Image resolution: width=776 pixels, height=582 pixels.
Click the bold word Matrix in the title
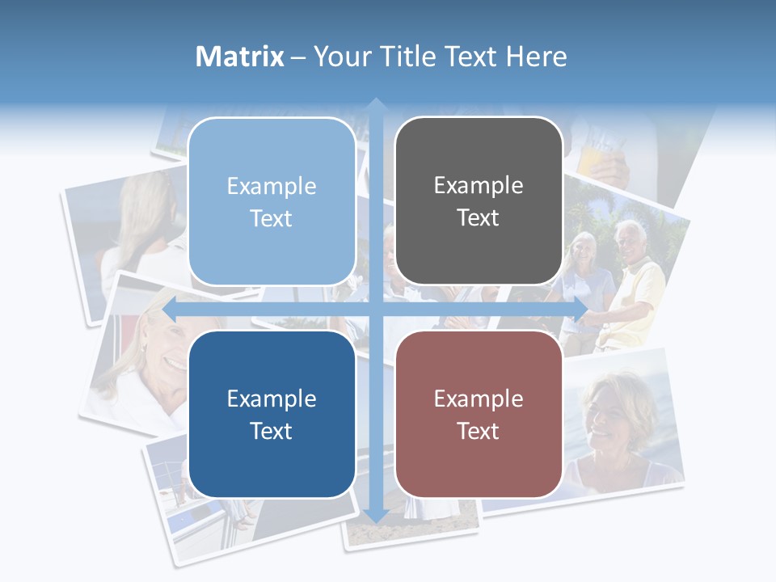[x=240, y=57]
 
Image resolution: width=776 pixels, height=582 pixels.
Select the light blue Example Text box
[x=272, y=202]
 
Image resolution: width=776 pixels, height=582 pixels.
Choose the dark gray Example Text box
[x=479, y=201]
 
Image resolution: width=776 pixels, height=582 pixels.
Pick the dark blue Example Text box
[x=272, y=415]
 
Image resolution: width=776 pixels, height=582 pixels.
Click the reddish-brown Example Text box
[x=479, y=415]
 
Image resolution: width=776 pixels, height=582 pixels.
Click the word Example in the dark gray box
[x=479, y=186]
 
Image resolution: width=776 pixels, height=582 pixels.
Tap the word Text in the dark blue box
[x=272, y=431]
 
